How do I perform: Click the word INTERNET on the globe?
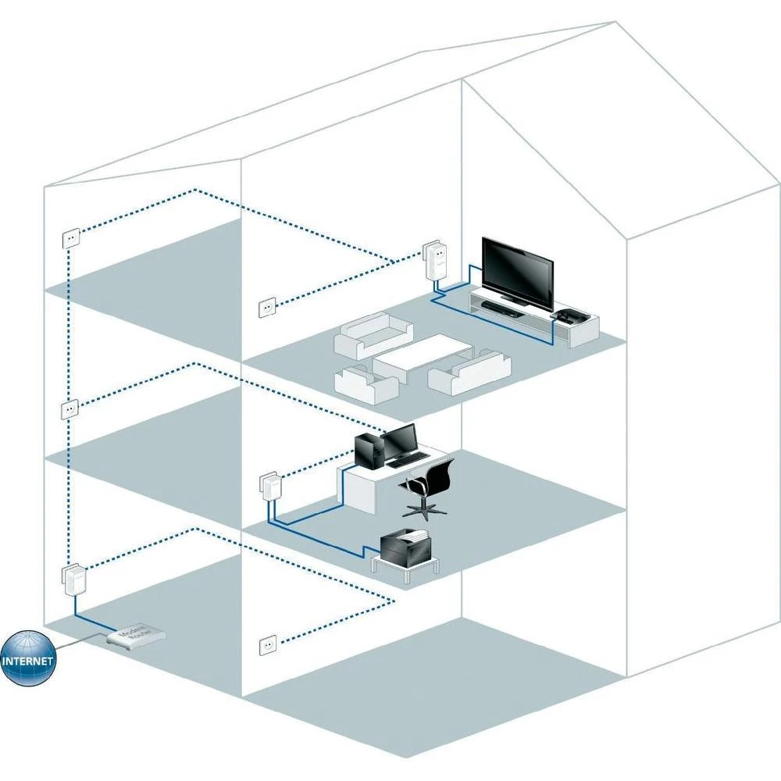28,660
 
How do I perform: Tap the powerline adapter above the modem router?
72,578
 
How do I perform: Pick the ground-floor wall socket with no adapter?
268,645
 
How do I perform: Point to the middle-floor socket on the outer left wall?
70,408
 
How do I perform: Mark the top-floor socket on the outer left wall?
70,237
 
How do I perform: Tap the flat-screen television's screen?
518,269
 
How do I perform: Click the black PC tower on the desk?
367,451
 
